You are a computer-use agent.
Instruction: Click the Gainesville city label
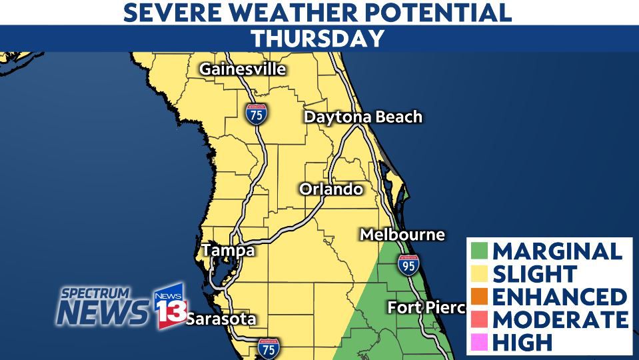[x=243, y=69]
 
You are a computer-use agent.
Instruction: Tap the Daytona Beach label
[x=363, y=117]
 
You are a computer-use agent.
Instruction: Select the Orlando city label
[x=331, y=189]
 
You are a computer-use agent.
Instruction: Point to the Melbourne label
[x=402, y=235]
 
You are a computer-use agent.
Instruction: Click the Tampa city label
[x=229, y=251]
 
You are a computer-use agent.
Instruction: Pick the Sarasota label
[x=221, y=319]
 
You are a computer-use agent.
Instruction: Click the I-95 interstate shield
[x=408, y=265]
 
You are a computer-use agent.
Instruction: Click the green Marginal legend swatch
[x=480, y=251]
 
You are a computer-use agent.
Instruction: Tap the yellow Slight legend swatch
[x=480, y=274]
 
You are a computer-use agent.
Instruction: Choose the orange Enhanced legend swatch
[x=480, y=297]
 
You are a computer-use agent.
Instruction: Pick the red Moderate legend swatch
[x=480, y=319]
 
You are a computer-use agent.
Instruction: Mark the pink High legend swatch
[x=480, y=342]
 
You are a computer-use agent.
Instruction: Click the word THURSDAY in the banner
[x=318, y=39]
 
